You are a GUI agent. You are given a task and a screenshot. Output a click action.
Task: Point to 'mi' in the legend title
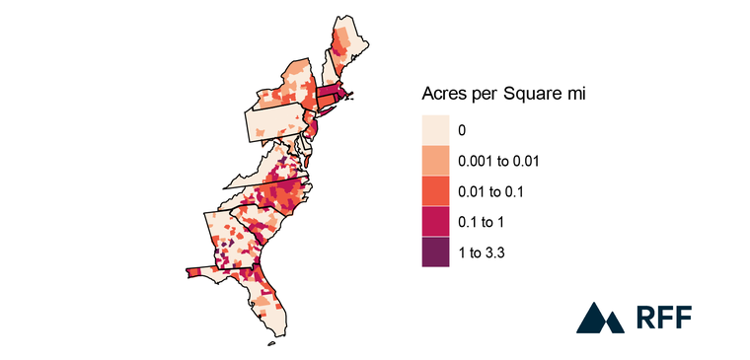579,94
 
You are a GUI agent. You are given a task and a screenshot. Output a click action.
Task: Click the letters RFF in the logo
664,318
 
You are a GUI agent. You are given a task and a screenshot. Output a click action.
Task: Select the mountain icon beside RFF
598,318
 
